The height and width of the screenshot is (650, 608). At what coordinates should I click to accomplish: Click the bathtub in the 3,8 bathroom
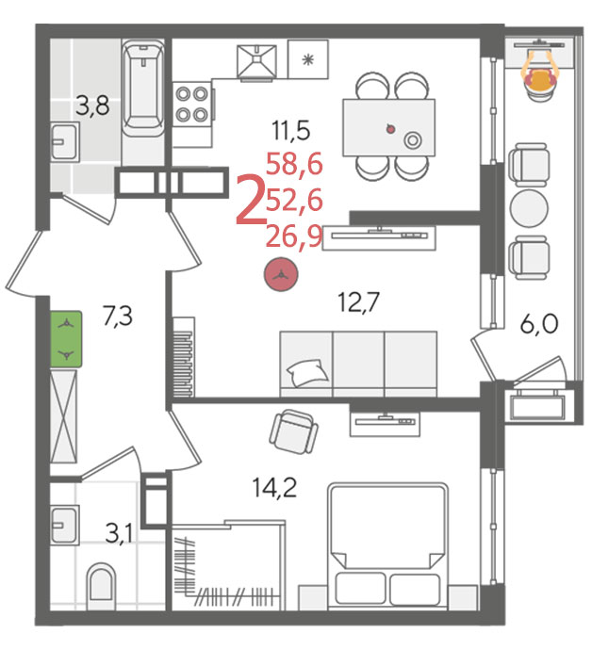tap(143, 88)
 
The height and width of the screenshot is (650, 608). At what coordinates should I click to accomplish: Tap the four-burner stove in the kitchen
tap(192, 104)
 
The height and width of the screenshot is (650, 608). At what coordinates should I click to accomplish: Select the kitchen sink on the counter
tap(256, 61)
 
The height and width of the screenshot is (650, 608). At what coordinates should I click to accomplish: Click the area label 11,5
tap(291, 130)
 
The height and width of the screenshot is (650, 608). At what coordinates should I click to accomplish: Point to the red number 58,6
tap(294, 164)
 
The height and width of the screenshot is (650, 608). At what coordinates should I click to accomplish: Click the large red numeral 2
tap(250, 200)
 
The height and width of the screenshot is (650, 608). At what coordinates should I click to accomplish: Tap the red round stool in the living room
tap(281, 274)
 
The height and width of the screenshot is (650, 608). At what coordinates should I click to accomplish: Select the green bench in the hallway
tap(66, 339)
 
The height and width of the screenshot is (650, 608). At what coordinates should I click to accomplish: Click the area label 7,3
tap(118, 316)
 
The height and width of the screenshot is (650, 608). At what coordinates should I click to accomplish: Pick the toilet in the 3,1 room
tap(101, 586)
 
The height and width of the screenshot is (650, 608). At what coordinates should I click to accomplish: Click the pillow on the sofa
tap(307, 372)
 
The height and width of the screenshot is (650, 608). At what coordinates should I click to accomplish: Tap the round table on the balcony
tap(529, 208)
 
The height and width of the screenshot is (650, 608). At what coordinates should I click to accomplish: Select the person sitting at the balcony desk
tap(540, 73)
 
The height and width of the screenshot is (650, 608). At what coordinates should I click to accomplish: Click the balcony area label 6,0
tap(539, 324)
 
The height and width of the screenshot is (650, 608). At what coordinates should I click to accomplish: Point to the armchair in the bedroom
tap(294, 431)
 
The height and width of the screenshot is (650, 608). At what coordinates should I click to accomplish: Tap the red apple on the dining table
tap(390, 128)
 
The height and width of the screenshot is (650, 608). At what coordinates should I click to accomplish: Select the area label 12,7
tap(359, 301)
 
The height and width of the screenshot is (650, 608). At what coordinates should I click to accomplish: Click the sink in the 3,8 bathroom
tap(65, 142)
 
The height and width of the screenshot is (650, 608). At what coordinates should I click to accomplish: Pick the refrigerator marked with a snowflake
tap(307, 59)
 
